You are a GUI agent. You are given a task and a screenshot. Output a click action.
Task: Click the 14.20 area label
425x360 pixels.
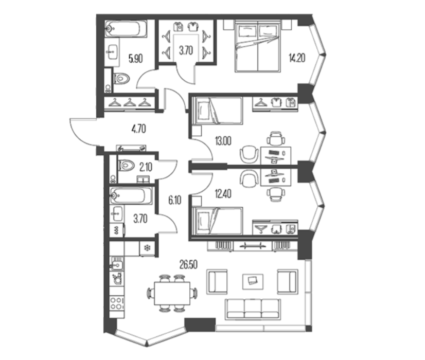tap(297, 58)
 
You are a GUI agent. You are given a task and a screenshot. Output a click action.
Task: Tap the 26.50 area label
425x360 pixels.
tap(188, 264)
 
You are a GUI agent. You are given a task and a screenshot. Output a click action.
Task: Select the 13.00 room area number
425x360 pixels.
tap(223, 141)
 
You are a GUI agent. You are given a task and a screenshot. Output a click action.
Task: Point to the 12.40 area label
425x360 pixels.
tap(223, 194)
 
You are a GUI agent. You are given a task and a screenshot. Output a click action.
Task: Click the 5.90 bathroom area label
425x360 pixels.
tap(135, 59)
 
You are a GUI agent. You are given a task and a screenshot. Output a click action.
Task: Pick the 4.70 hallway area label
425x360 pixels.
tap(139, 129)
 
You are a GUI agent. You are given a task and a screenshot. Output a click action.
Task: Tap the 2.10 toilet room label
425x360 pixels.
tap(146, 168)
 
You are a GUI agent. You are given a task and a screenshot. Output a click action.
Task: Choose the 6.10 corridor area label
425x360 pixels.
tap(175, 201)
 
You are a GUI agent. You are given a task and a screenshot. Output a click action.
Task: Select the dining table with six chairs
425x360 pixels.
tap(172, 293)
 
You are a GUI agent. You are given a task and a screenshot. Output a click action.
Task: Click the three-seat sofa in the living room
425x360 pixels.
tap(253, 308)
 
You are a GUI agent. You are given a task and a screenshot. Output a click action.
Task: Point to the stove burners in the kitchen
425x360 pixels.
tap(117, 303)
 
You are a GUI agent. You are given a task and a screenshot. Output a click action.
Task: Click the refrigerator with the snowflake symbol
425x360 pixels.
tap(147, 248)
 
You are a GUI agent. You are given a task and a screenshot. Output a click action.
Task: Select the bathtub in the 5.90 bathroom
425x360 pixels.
tap(126, 28)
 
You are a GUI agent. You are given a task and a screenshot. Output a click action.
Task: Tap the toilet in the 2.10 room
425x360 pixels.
tap(126, 165)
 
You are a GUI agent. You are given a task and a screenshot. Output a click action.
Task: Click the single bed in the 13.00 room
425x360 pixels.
tap(217, 111)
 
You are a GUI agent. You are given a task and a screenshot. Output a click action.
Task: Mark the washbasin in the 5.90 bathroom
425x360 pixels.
tap(112, 52)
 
